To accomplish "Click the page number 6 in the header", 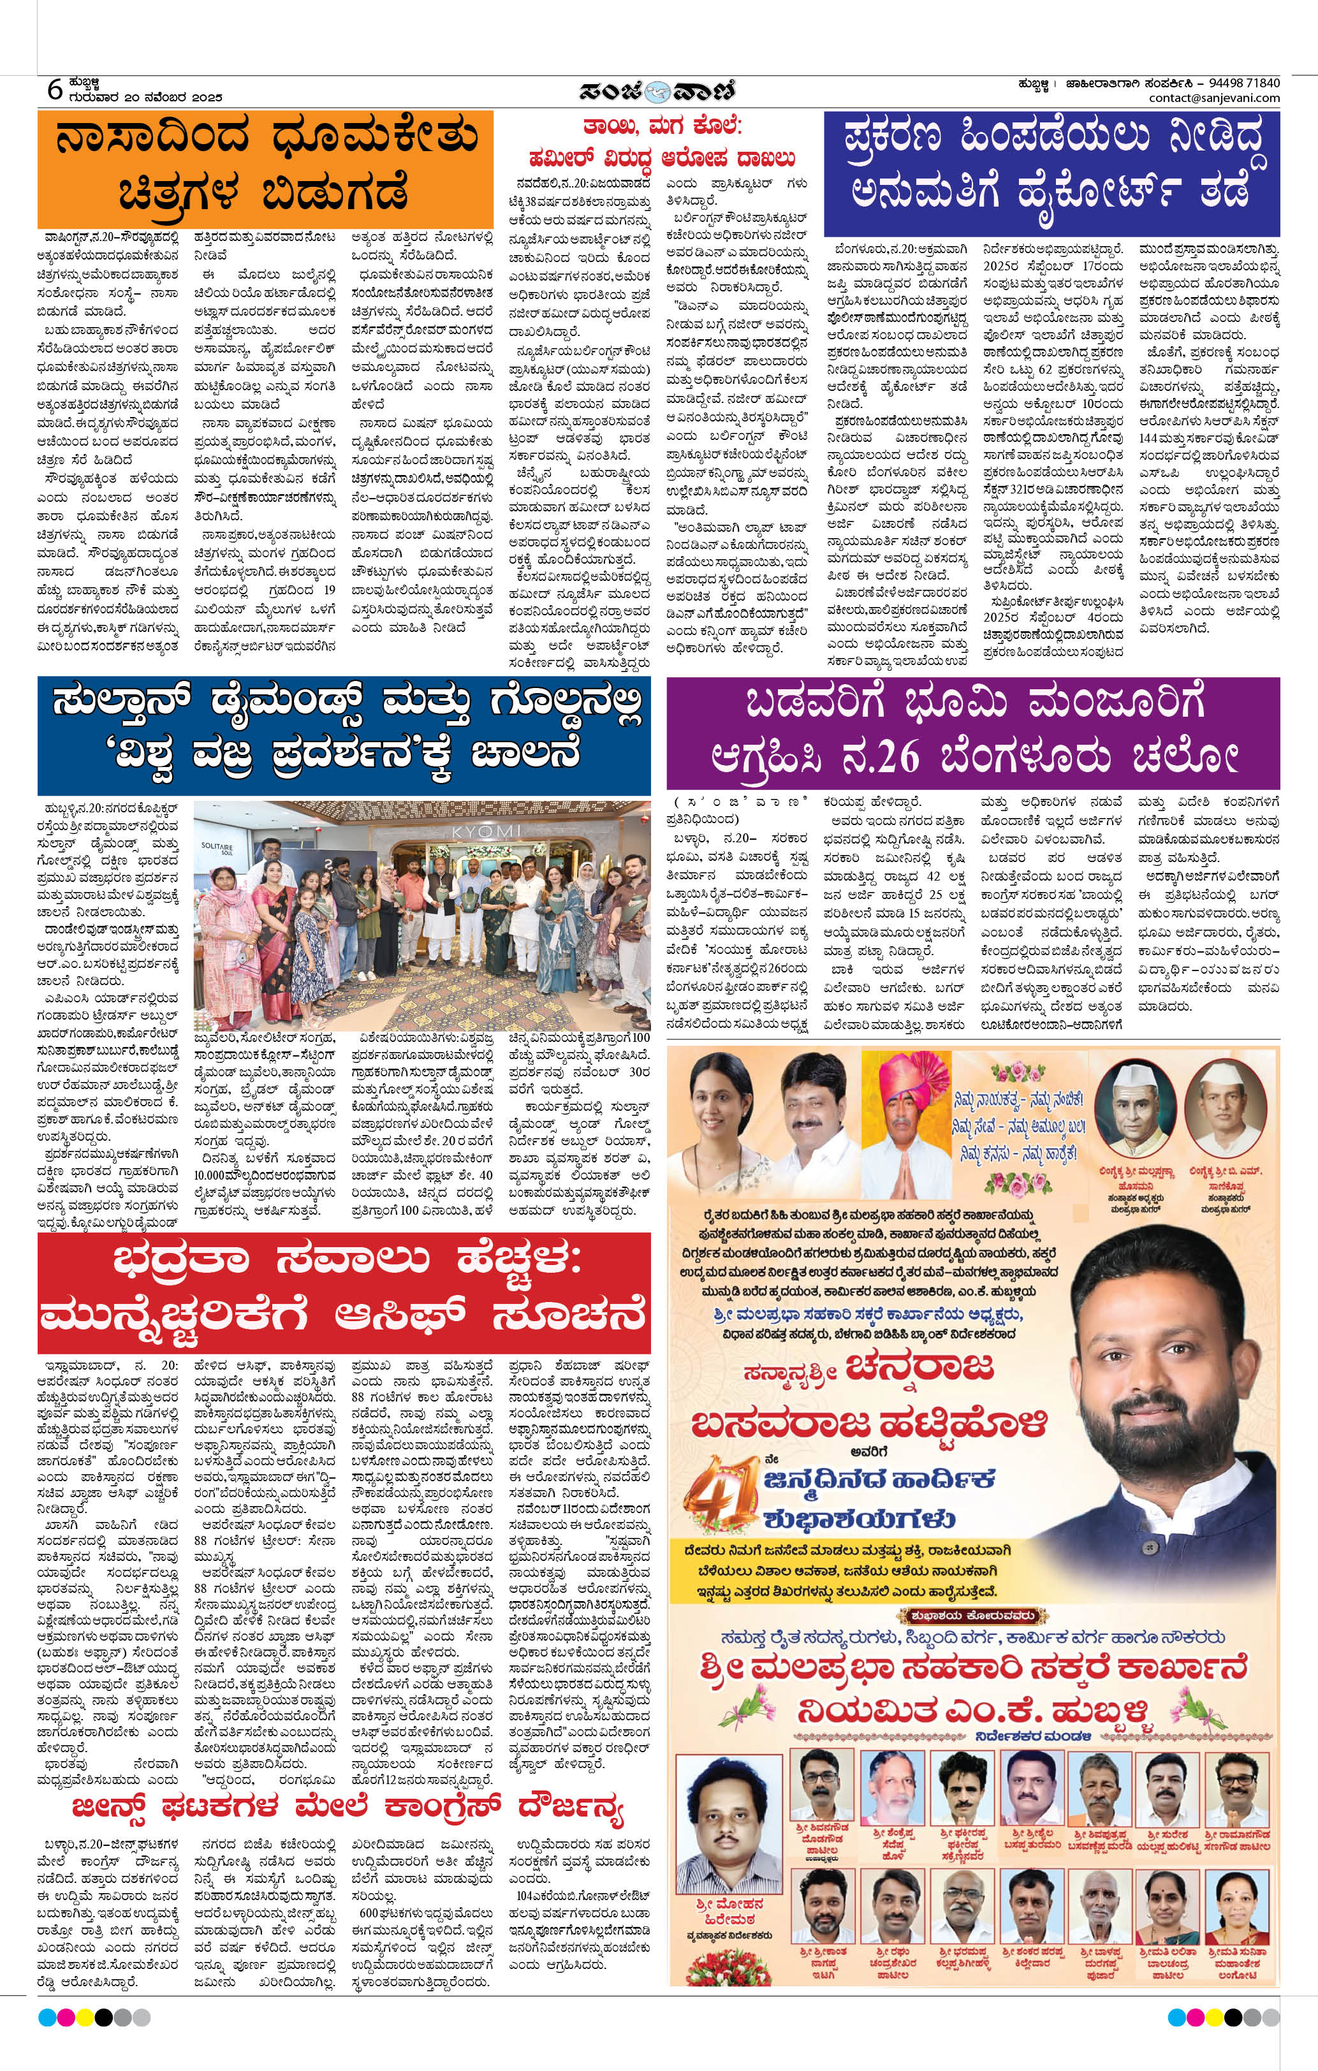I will [x=54, y=89].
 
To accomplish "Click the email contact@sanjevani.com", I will [x=1213, y=98].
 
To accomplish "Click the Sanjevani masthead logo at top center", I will [x=658, y=91].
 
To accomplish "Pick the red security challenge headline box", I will [x=343, y=1290].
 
